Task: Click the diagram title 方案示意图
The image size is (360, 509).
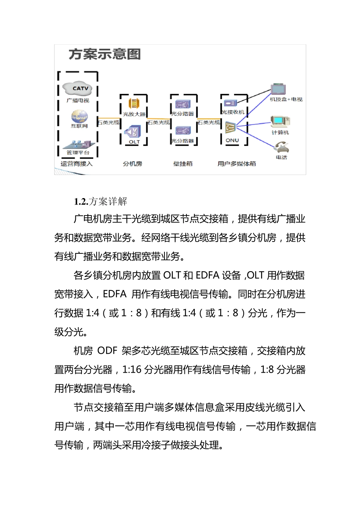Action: coord(105,54)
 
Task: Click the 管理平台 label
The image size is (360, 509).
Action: coord(78,153)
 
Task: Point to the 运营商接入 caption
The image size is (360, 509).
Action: coord(77,164)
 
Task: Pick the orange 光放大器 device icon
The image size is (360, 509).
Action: coord(134,103)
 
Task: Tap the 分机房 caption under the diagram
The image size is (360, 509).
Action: coord(133,164)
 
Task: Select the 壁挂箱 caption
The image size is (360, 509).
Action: coord(183,164)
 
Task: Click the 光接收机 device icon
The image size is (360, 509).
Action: coord(230,103)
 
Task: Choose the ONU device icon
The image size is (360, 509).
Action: coord(230,128)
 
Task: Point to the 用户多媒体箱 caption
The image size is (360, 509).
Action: coord(237,164)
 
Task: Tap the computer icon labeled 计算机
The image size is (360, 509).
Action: coord(280,121)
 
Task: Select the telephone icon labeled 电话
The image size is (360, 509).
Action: coord(282,147)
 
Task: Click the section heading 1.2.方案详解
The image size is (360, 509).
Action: coord(100,201)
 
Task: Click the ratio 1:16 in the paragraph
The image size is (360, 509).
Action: coord(132,370)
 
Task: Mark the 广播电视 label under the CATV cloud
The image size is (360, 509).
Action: coord(78,100)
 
